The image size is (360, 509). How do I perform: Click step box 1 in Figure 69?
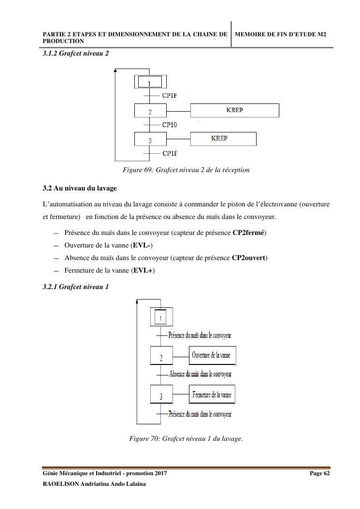click(x=150, y=82)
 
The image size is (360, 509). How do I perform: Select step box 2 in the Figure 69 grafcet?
click(x=150, y=111)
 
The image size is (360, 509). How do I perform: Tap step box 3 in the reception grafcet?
click(x=150, y=139)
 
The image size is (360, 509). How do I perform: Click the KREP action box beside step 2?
click(x=234, y=110)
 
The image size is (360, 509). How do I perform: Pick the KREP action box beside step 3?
click(x=223, y=139)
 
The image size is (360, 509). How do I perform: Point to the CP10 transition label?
click(x=170, y=125)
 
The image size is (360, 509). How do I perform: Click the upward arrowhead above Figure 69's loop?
click(x=115, y=71)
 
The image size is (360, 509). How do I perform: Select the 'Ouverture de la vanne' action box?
click(x=212, y=355)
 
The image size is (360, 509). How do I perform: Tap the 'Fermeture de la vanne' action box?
click(x=212, y=395)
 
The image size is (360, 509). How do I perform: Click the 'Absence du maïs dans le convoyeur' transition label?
click(x=200, y=374)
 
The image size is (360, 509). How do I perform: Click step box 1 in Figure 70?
click(x=161, y=317)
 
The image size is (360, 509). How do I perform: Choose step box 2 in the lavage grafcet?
click(x=161, y=357)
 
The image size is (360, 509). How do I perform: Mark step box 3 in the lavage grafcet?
click(x=161, y=396)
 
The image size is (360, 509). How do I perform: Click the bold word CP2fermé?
click(x=248, y=233)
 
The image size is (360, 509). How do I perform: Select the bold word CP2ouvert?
click(x=248, y=258)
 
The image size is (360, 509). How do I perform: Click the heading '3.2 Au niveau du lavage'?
click(x=79, y=188)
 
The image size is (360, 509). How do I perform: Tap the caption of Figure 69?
click(x=186, y=170)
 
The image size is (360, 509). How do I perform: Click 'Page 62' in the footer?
click(x=319, y=473)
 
